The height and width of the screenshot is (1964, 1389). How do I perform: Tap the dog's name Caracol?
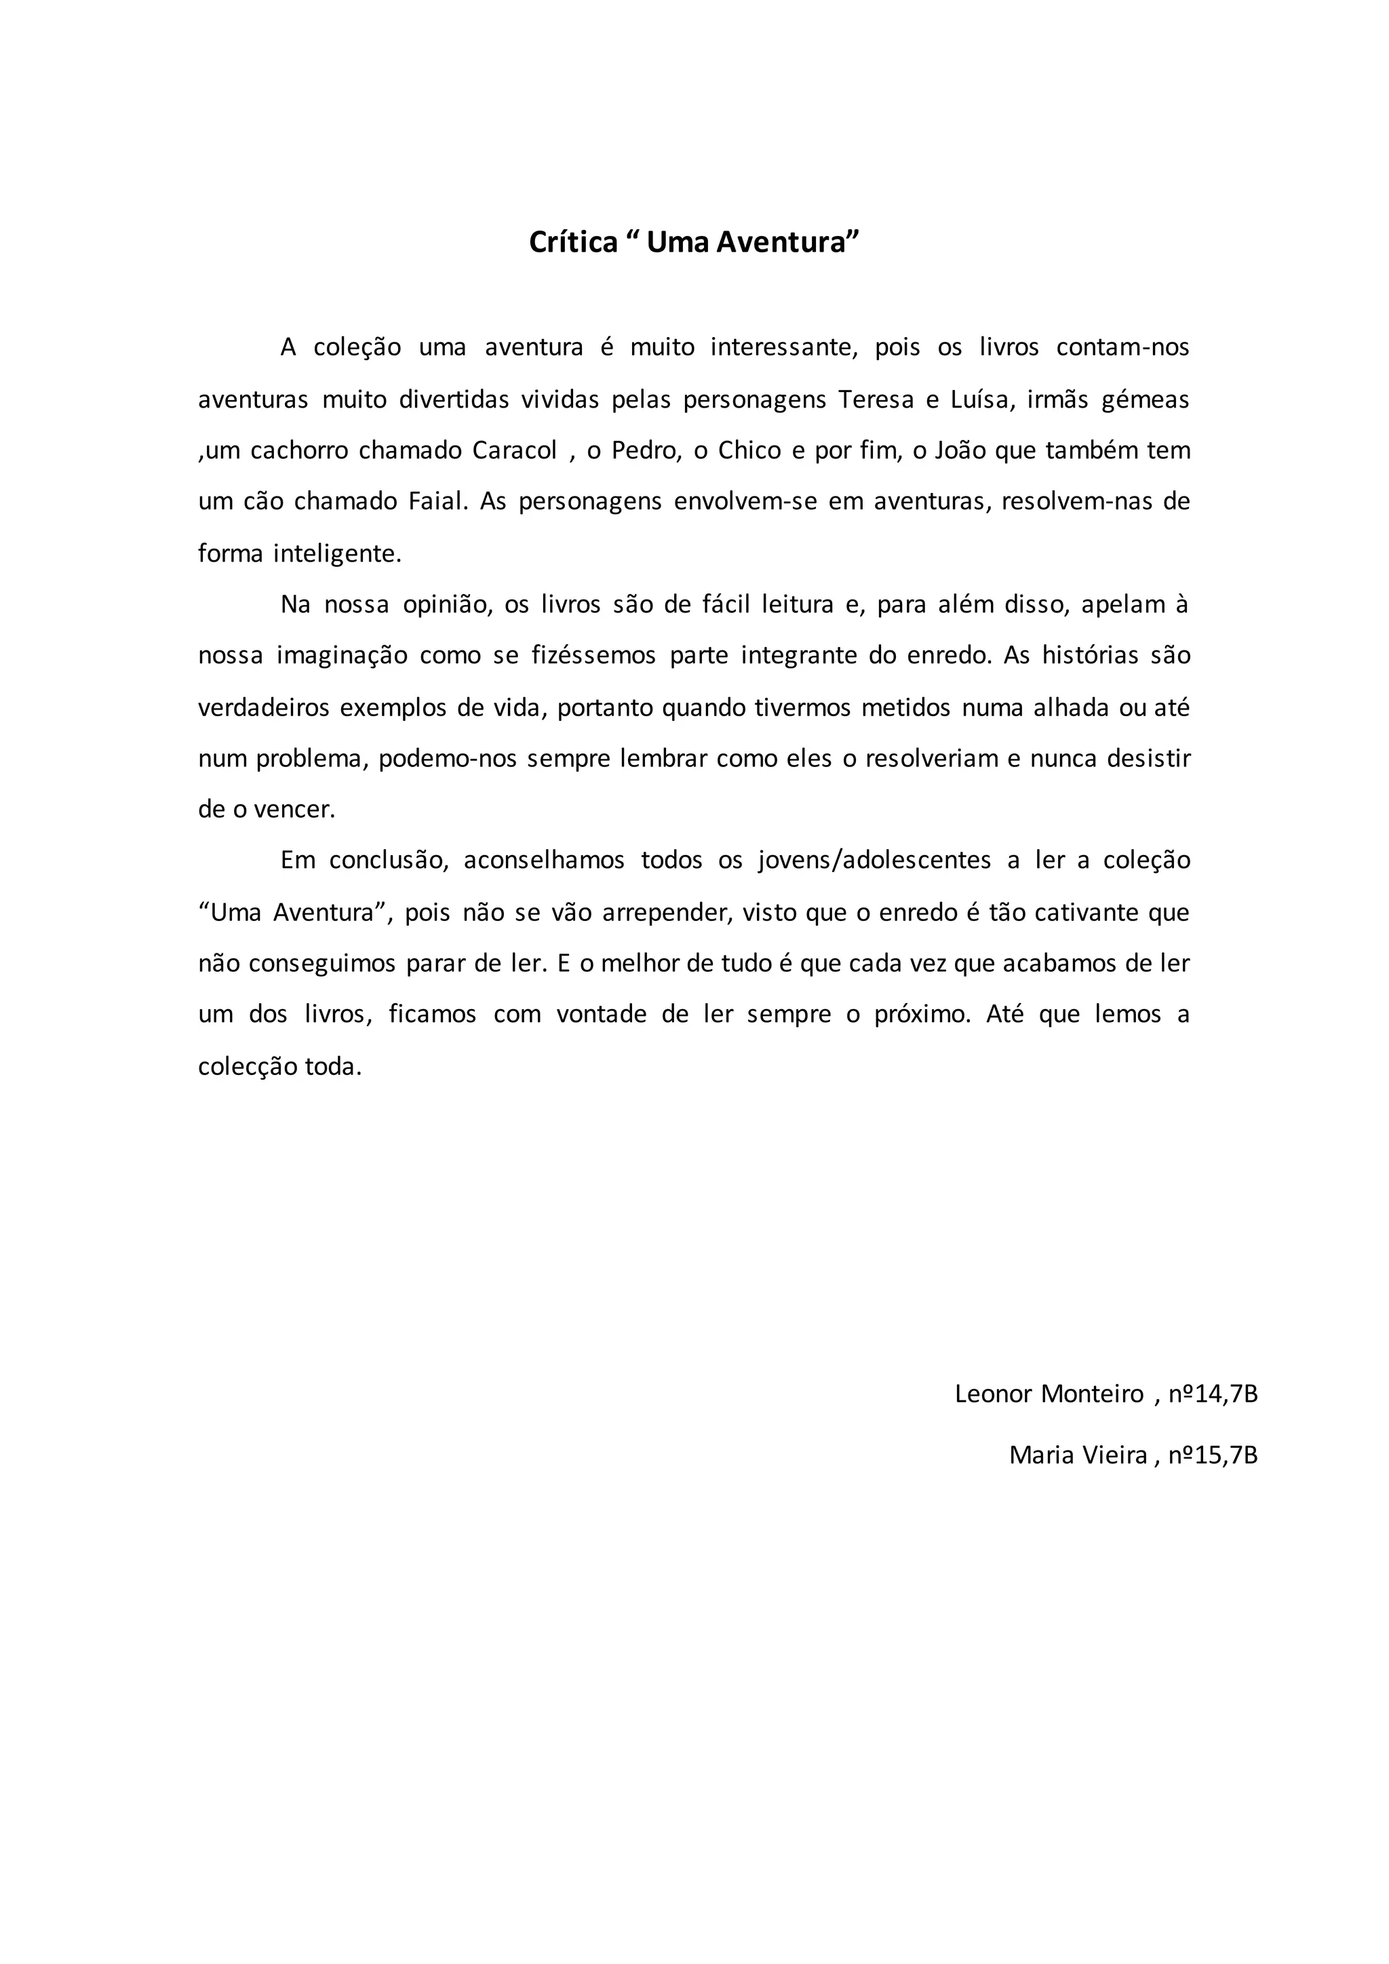(x=515, y=451)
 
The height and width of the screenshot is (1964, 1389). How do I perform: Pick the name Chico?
(x=749, y=451)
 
